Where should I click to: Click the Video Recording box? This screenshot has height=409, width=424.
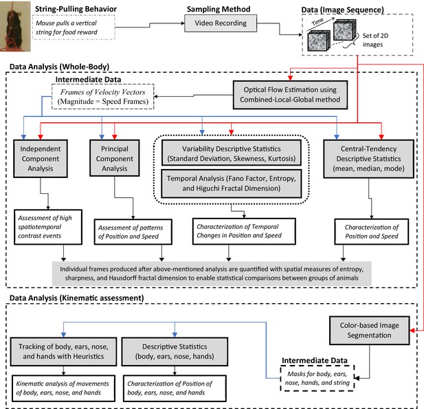pyautogui.click(x=221, y=23)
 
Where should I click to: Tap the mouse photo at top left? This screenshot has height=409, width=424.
pyautogui.click(x=15, y=26)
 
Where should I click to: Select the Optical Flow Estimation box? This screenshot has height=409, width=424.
pyautogui.click(x=290, y=95)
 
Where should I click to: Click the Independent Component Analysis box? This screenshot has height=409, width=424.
pyautogui.click(x=41, y=159)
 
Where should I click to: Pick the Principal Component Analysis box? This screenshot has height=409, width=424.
pyautogui.click(x=114, y=158)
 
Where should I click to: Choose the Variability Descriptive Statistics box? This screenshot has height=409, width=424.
pyautogui.click(x=231, y=153)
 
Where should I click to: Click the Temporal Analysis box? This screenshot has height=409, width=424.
pyautogui.click(x=231, y=184)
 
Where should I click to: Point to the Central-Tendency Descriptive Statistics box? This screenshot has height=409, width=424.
pyautogui.click(x=368, y=159)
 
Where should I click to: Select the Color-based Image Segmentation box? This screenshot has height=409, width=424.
pyautogui.click(x=370, y=330)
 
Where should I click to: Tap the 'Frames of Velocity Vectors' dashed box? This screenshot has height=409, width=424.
pyautogui.click(x=103, y=96)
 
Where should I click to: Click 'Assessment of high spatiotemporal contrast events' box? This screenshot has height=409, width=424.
pyautogui.click(x=48, y=227)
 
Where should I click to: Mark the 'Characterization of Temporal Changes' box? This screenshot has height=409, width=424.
pyautogui.click(x=244, y=231)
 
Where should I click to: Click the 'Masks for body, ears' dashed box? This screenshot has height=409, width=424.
pyautogui.click(x=317, y=378)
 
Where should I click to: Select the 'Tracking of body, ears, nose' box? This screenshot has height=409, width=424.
pyautogui.click(x=63, y=351)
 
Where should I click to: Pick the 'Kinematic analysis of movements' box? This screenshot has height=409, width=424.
pyautogui.click(x=63, y=388)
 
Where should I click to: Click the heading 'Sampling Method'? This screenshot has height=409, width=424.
pyautogui.click(x=219, y=9)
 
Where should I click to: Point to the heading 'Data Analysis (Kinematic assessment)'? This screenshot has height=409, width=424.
pyautogui.click(x=77, y=298)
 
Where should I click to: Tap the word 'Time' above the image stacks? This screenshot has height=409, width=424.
pyautogui.click(x=317, y=21)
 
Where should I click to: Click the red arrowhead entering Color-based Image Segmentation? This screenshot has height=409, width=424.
pyautogui.click(x=412, y=330)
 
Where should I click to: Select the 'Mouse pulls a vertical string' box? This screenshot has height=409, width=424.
pyautogui.click(x=74, y=27)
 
